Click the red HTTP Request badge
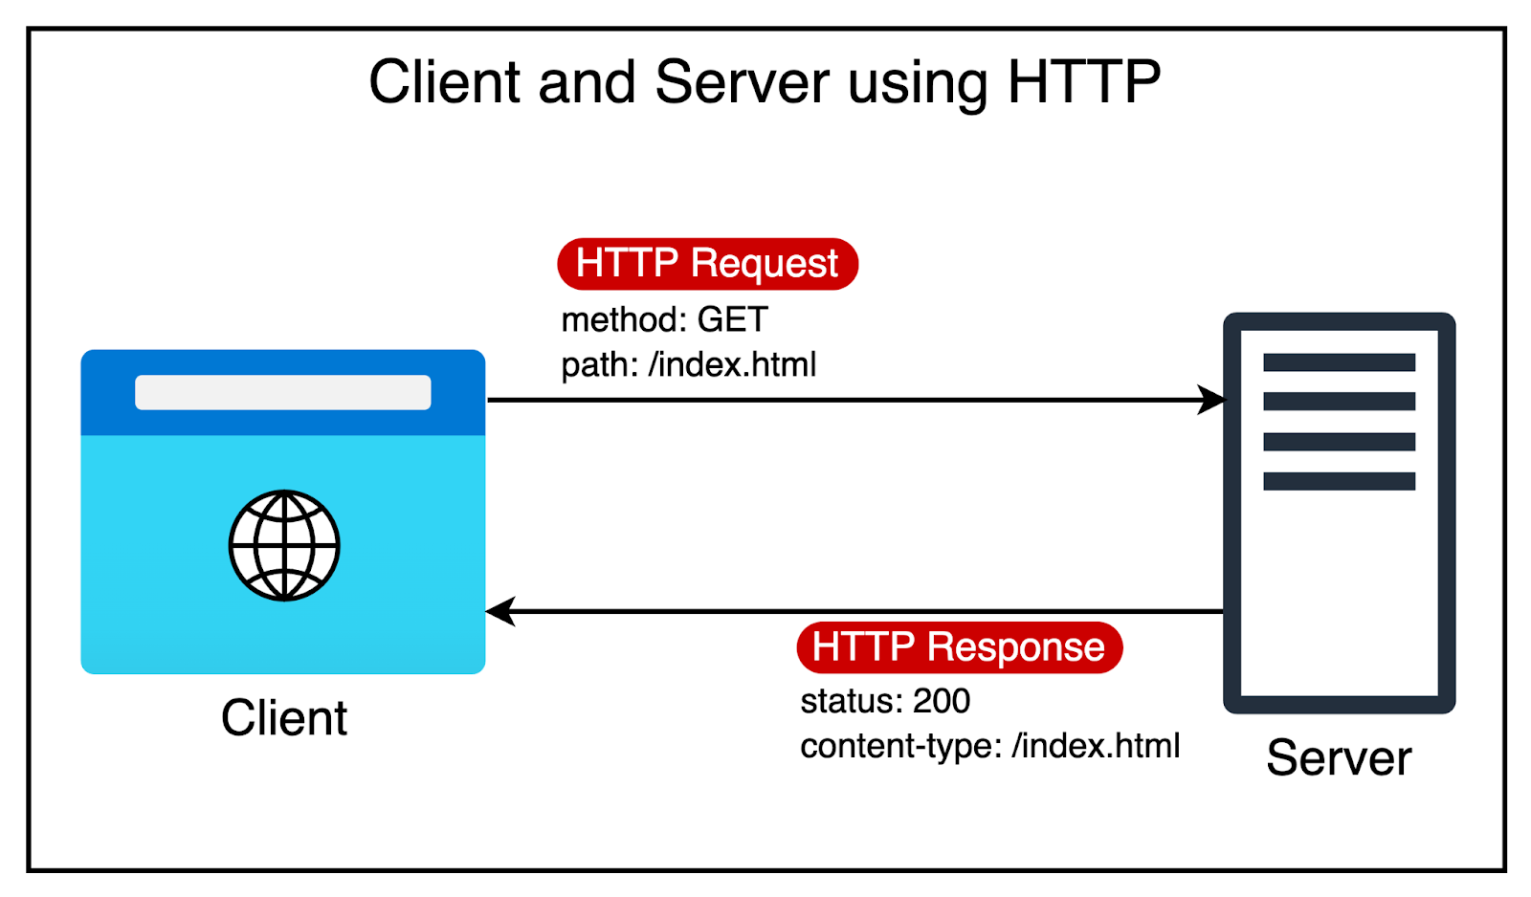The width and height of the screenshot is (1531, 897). (x=707, y=264)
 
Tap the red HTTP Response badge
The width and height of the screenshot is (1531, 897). (x=959, y=647)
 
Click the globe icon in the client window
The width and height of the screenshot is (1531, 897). (x=284, y=545)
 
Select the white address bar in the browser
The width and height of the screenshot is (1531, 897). (x=282, y=392)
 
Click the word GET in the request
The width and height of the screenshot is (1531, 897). (x=732, y=319)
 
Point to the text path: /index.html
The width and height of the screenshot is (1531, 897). (x=688, y=364)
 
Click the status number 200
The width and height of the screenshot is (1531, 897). (x=942, y=701)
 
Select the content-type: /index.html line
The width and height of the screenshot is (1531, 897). (x=989, y=746)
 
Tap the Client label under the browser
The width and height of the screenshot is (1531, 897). (x=284, y=718)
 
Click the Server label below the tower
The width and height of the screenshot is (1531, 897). (x=1338, y=758)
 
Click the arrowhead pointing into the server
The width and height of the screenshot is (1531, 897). (x=1213, y=400)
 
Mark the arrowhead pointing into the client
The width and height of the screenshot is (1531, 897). (x=499, y=610)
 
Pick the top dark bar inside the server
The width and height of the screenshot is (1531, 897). (x=1339, y=362)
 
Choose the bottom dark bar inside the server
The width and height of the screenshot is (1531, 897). (x=1339, y=481)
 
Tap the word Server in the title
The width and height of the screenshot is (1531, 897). (x=742, y=82)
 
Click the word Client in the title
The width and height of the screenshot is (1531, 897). (x=444, y=82)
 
